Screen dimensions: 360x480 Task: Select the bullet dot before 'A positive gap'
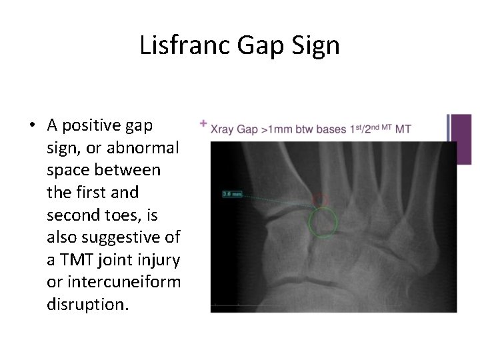click(x=31, y=126)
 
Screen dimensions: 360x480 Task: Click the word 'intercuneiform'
click(x=114, y=281)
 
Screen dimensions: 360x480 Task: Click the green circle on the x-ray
click(x=323, y=222)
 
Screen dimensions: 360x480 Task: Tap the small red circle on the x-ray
click(x=321, y=200)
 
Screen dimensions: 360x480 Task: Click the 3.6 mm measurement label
click(x=232, y=195)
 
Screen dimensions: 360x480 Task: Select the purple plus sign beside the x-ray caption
click(x=203, y=123)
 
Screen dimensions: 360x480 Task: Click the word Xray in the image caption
click(x=223, y=129)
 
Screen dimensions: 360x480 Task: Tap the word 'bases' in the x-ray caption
click(x=331, y=129)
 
